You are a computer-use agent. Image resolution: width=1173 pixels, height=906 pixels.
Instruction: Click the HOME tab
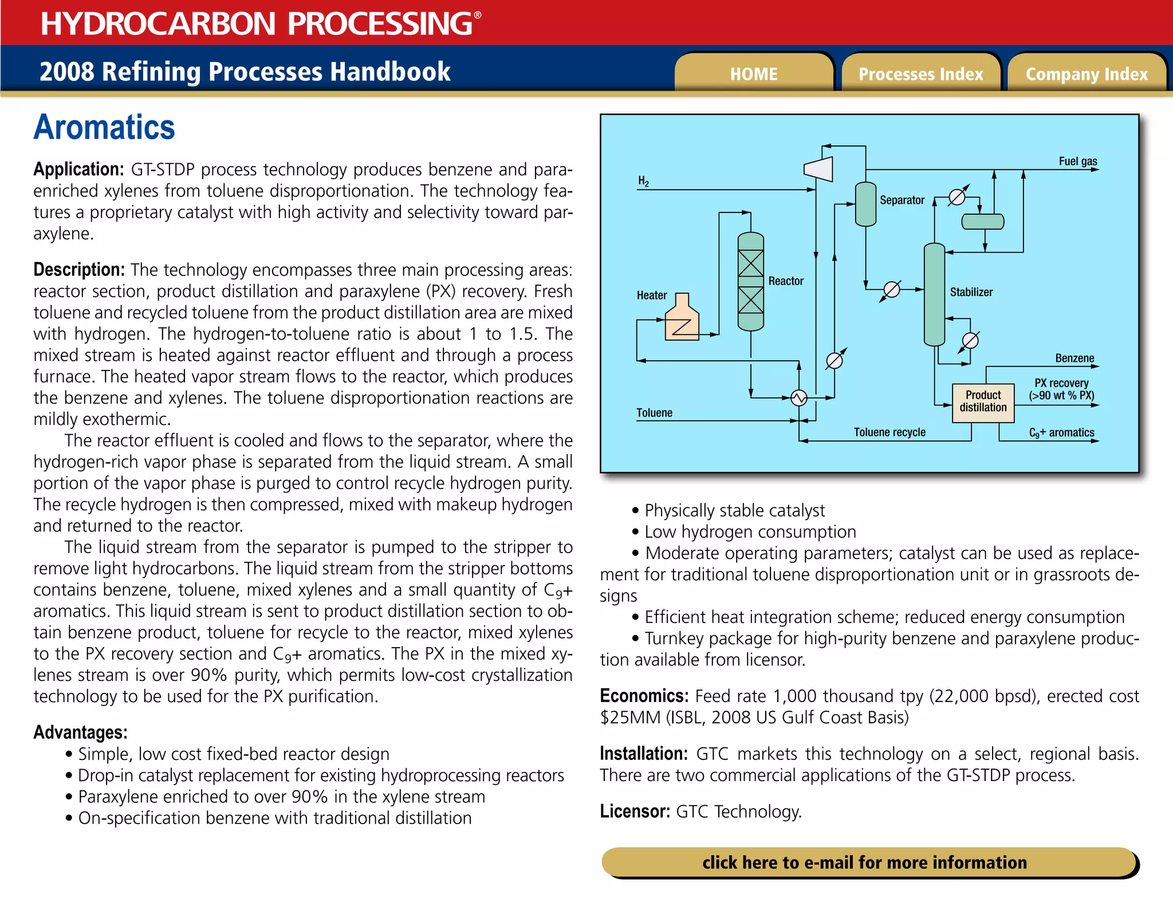[754, 74]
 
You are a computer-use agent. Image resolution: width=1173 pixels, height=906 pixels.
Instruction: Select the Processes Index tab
[920, 74]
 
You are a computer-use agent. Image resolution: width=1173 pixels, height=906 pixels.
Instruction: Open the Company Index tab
[1087, 74]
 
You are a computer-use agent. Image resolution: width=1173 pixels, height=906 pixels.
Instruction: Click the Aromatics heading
[104, 127]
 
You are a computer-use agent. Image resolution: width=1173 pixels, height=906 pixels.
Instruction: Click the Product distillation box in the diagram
[983, 402]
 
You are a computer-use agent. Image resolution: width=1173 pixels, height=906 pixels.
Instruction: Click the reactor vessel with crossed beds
[750, 282]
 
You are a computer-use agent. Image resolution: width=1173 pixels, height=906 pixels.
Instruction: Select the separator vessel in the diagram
[865, 204]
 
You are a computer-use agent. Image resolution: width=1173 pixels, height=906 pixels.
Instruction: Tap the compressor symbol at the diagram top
[819, 169]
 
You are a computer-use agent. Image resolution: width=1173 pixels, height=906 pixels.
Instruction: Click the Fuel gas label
[1078, 161]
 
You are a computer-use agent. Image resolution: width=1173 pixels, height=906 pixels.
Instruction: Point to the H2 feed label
[643, 182]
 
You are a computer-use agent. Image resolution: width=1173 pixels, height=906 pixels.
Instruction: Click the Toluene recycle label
[889, 432]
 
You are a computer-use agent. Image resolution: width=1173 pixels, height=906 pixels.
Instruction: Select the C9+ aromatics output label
[1061, 433]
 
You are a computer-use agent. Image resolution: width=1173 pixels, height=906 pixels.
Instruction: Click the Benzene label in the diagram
[1074, 359]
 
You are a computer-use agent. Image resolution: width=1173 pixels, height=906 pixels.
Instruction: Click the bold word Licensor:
[635, 812]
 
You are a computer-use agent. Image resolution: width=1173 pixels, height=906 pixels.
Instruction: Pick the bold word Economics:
[644, 696]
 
